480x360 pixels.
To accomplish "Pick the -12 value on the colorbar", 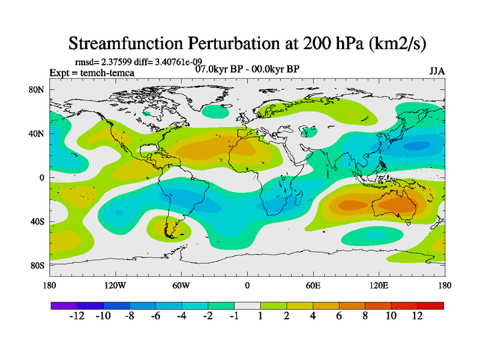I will pyautogui.click(x=77, y=316).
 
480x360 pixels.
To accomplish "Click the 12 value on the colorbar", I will pyautogui.click(x=417, y=316).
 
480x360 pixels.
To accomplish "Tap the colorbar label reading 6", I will pyautogui.click(x=338, y=316).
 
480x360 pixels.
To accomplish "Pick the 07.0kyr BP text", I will pyautogui.click(x=217, y=68).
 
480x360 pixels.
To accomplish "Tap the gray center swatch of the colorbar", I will pyautogui.click(x=247, y=305).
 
